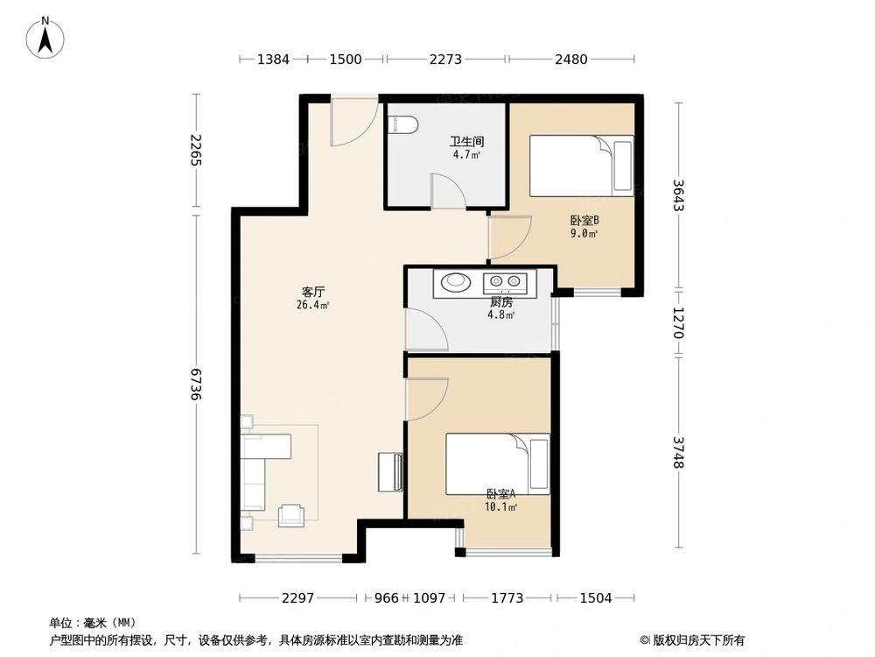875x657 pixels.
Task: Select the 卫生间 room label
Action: [466, 141]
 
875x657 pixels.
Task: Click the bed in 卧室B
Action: [581, 166]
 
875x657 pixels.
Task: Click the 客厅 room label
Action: [314, 292]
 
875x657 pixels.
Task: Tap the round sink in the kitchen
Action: [455, 282]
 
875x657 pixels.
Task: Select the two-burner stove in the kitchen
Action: [506, 282]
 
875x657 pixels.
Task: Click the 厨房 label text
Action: [500, 302]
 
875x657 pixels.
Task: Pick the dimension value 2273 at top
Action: [446, 60]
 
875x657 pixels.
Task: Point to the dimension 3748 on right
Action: [678, 452]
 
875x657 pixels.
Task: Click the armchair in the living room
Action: [290, 516]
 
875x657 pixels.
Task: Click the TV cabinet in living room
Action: [390, 473]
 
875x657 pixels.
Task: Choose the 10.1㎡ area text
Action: [500, 506]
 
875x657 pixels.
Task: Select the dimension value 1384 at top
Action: [273, 60]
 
